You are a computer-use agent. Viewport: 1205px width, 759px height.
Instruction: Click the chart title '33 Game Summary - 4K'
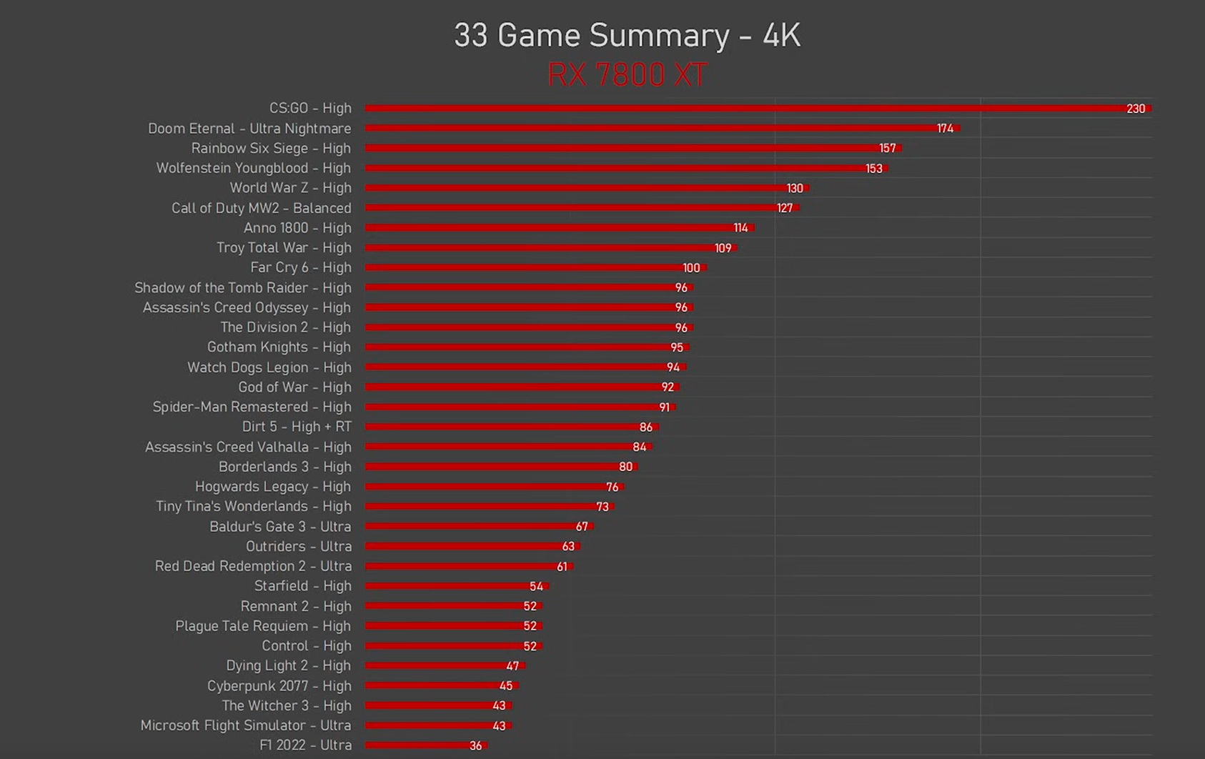627,36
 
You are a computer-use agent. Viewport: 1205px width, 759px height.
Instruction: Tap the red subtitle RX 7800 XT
627,74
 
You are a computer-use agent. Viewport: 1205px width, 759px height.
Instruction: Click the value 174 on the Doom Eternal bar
945,129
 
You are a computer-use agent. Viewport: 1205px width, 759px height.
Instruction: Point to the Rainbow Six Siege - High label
271,149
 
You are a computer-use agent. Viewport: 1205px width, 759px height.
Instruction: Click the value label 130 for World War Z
795,189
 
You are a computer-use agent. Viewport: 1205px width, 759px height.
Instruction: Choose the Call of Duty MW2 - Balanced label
261,208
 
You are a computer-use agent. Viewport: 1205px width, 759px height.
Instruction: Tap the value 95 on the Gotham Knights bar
677,347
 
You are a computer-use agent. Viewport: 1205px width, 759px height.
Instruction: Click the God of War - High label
294,387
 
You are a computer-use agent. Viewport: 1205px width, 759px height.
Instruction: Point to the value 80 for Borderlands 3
625,467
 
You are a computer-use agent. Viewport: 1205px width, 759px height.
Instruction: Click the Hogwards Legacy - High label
273,487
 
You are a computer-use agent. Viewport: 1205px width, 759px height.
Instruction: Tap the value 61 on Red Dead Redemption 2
562,567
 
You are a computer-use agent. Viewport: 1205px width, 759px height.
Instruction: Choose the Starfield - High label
303,586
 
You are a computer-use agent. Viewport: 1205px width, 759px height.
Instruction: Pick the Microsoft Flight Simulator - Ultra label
246,725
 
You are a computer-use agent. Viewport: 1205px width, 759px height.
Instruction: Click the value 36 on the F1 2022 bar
476,745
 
